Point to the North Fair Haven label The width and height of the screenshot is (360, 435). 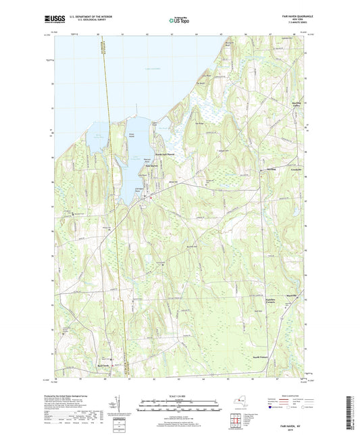[161, 154]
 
